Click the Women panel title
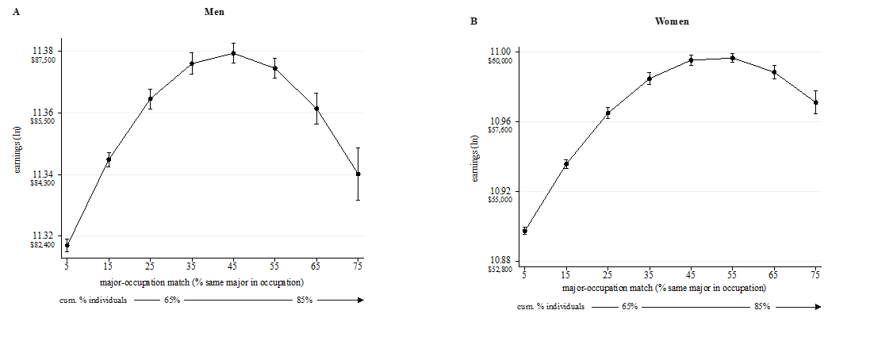[671, 21]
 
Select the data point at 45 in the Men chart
[233, 53]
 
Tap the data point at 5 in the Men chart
[67, 245]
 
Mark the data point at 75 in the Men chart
[358, 174]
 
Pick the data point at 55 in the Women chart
[732, 57]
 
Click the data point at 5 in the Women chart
[524, 231]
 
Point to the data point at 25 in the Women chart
[607, 113]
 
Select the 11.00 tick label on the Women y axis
[504, 52]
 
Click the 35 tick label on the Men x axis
[191, 266]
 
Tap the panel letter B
[473, 21]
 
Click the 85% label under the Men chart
[305, 301]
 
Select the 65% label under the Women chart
[630, 306]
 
